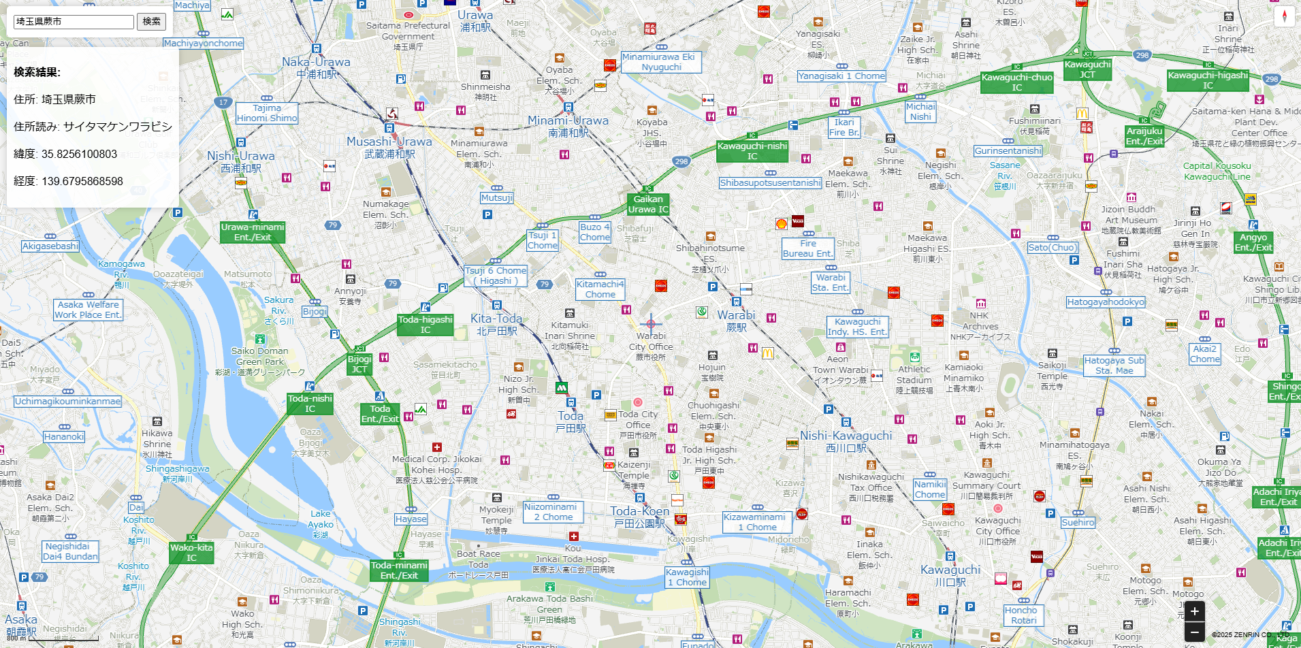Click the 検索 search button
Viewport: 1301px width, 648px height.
(151, 22)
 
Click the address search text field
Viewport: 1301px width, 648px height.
(74, 22)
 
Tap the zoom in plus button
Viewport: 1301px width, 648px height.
(1195, 611)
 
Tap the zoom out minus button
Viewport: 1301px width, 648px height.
(1195, 632)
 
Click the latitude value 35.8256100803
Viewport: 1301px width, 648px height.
(79, 154)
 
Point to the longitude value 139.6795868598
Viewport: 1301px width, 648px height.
(82, 181)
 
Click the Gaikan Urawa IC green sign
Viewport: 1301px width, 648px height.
(648, 204)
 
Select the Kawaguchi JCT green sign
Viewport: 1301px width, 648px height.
(1087, 69)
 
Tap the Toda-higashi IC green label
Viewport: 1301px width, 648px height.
(425, 325)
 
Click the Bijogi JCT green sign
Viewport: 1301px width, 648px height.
(359, 364)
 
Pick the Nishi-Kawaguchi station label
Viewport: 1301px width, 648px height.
(846, 440)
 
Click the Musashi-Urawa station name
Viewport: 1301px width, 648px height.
(389, 146)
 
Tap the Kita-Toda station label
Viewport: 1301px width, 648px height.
(496, 323)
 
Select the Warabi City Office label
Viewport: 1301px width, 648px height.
(651, 346)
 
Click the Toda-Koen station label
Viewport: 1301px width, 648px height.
(639, 516)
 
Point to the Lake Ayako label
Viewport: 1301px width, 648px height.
(321, 523)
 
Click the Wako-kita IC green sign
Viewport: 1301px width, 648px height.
(191, 552)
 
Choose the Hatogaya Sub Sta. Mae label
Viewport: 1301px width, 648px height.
(1114, 366)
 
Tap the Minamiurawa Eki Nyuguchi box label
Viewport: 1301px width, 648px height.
(660, 62)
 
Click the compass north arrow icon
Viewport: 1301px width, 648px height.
(1284, 16)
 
